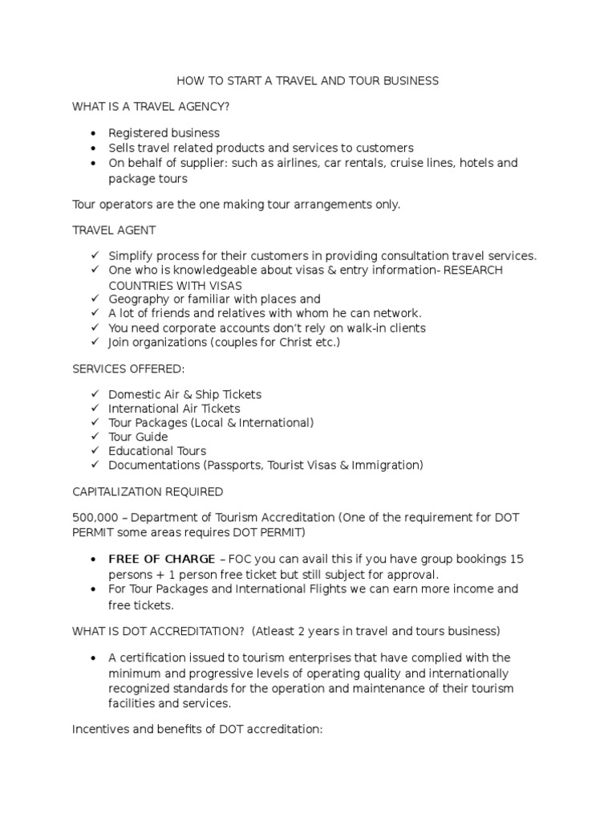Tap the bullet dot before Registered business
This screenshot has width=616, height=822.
click(x=94, y=133)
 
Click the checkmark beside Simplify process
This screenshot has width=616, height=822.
click(x=94, y=256)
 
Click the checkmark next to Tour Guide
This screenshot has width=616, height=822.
click(x=94, y=437)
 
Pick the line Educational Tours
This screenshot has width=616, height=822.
click(x=157, y=451)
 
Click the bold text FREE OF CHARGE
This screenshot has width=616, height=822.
click(x=162, y=560)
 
